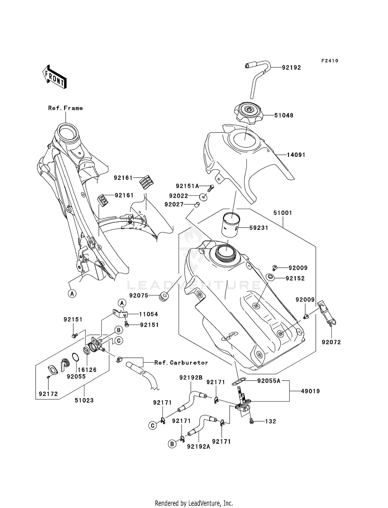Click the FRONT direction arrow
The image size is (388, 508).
pos(54,77)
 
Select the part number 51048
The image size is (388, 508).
pos(284,115)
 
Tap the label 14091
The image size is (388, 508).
pos(296,155)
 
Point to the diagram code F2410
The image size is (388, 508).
pos(330,61)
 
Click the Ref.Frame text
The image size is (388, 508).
pos(65,108)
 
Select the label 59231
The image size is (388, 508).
pos(259,228)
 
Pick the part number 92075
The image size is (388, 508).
pos(139,295)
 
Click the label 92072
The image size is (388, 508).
pos(331,342)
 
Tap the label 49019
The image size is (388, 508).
pos(310,391)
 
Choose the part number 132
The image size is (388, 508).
pos(271,422)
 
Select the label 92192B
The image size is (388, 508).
pos(191,378)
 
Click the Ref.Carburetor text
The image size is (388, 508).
pos(181,363)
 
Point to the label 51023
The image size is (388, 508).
pos(84,401)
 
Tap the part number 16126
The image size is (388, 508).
pos(87,370)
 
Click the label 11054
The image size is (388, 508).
pos(148,314)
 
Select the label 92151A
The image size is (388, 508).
pos(187,186)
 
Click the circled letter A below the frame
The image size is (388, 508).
pos(72,294)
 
